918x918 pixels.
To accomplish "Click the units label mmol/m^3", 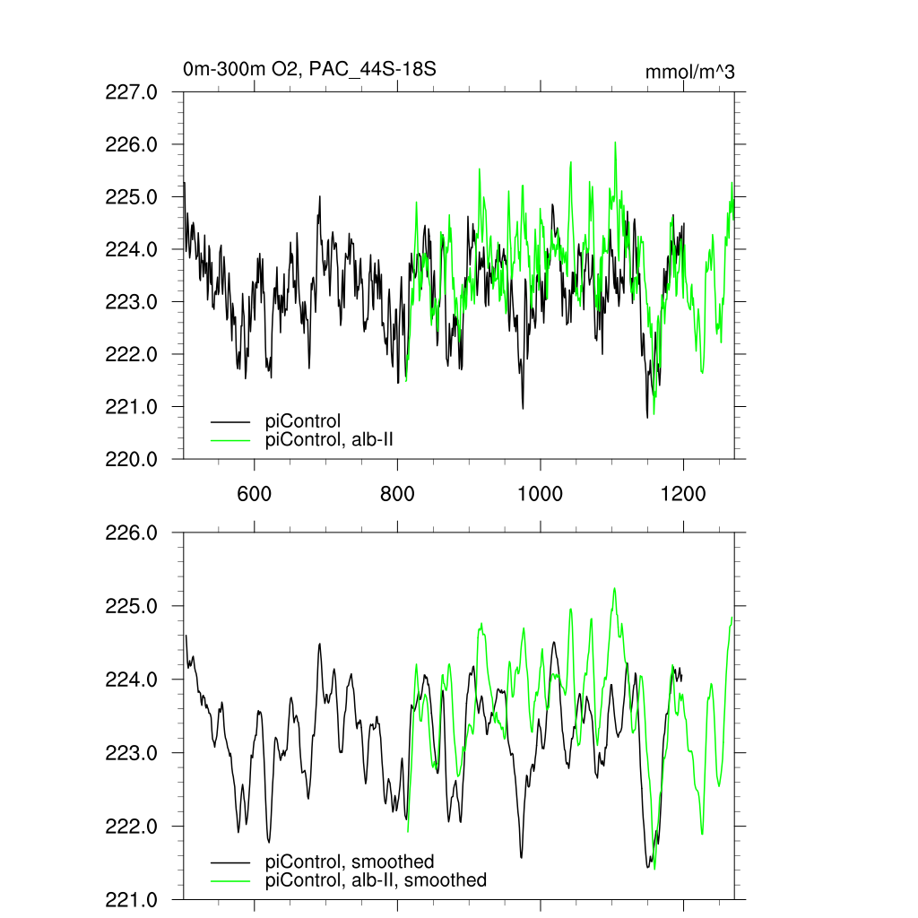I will coord(690,73).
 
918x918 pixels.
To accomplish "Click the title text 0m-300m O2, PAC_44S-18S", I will coord(309,69).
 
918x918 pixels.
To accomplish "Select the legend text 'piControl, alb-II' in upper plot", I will coord(331,439).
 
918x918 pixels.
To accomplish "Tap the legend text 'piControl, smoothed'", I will coord(351,862).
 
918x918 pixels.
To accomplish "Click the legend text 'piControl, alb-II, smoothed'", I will coord(377,880).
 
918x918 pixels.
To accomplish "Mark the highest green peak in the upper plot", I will coord(615,142).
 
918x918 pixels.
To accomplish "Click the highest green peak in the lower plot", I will coord(614,588).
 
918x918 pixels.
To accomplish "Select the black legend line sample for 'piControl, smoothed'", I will coord(230,862).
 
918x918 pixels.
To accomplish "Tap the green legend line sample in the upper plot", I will coord(230,439).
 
